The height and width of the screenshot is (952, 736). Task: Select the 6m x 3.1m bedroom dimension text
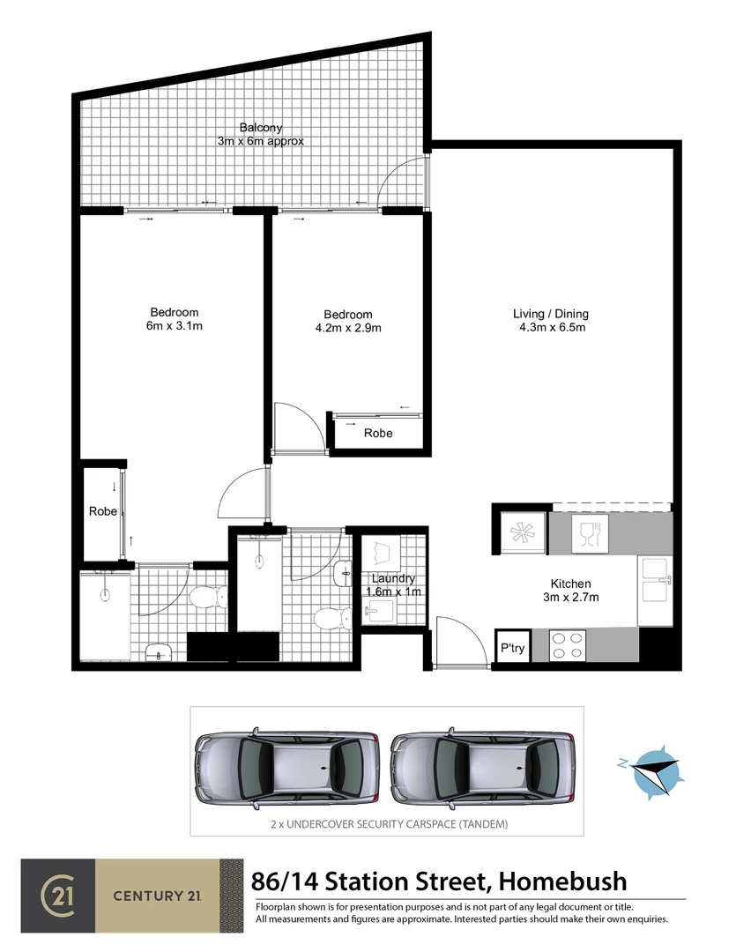coord(174,326)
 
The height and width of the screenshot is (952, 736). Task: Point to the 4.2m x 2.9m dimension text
coord(347,328)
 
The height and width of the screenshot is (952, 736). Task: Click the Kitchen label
coord(570,584)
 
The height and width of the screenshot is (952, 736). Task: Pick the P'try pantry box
coord(512,647)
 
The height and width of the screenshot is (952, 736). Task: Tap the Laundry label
coord(393,578)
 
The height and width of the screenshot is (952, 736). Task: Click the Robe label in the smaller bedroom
coord(378,434)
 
